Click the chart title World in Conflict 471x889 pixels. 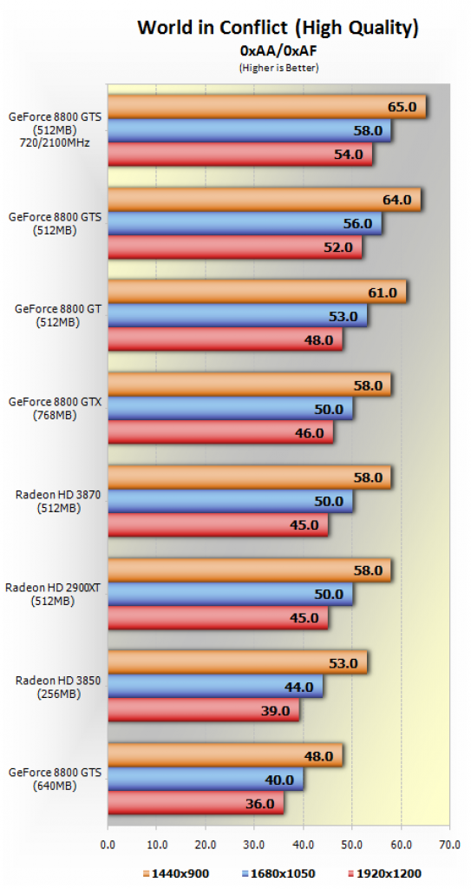click(x=278, y=27)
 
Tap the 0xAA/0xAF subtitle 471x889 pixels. click(x=278, y=51)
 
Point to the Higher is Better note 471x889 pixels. click(x=278, y=68)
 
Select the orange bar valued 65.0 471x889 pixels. click(x=266, y=107)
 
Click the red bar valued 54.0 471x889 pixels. click(x=239, y=155)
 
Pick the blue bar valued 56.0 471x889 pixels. click(x=245, y=223)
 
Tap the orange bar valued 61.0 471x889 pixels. click(x=257, y=292)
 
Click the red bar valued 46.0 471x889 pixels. click(x=220, y=432)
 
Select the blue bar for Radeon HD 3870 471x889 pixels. click(x=230, y=501)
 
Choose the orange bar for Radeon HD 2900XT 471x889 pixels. click(x=250, y=570)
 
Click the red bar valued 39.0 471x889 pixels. click(x=203, y=710)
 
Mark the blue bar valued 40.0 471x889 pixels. click(x=206, y=779)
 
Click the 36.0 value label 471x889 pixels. click(x=260, y=803)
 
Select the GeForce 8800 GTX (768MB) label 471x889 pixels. click(x=55, y=408)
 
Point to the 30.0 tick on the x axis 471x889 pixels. click(x=254, y=844)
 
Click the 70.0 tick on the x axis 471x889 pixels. click(x=449, y=844)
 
